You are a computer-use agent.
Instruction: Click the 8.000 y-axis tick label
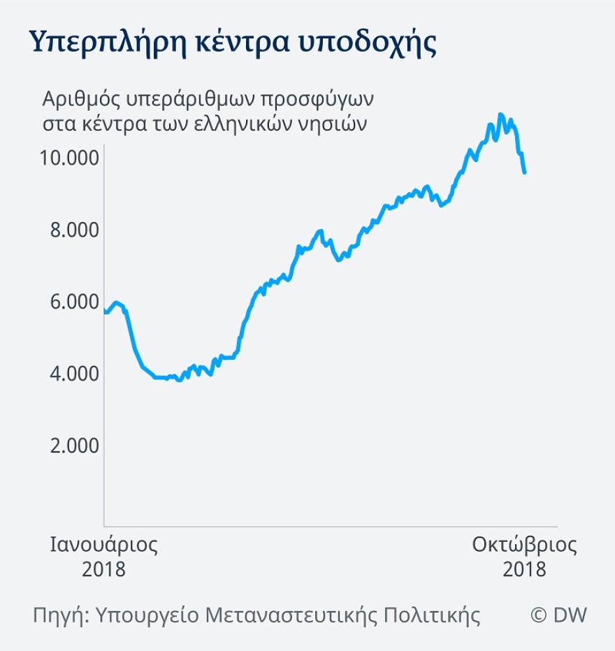pos(75,230)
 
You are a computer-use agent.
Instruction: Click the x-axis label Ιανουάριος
pos(103,545)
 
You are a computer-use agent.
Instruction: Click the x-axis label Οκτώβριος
pos(524,545)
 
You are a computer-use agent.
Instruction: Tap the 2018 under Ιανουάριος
pos(103,569)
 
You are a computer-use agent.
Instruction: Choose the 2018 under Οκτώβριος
pos(524,569)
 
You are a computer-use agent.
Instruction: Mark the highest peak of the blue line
pos(500,115)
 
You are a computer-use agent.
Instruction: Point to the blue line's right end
pos(525,172)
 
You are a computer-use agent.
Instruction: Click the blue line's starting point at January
pos(105,312)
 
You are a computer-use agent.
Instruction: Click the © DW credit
pos(558,615)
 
